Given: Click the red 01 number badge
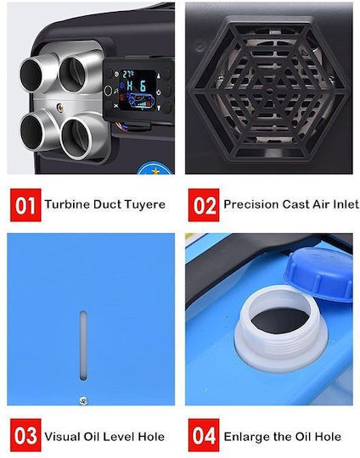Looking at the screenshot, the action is click(x=25, y=204).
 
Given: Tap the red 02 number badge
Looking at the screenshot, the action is click(x=204, y=204).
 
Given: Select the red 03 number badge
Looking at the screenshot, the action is click(x=25, y=435).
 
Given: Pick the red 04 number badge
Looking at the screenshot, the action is click(x=204, y=435).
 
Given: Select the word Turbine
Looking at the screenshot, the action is click(x=67, y=204).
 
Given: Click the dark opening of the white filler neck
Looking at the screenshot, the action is click(x=279, y=321).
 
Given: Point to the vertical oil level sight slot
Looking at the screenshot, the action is click(x=83, y=345).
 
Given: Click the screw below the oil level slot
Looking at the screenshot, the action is click(x=83, y=401).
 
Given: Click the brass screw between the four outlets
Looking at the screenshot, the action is click(x=61, y=108).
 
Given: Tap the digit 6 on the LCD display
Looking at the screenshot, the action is click(x=143, y=87).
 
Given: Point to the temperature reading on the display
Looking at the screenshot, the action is click(x=128, y=74).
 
